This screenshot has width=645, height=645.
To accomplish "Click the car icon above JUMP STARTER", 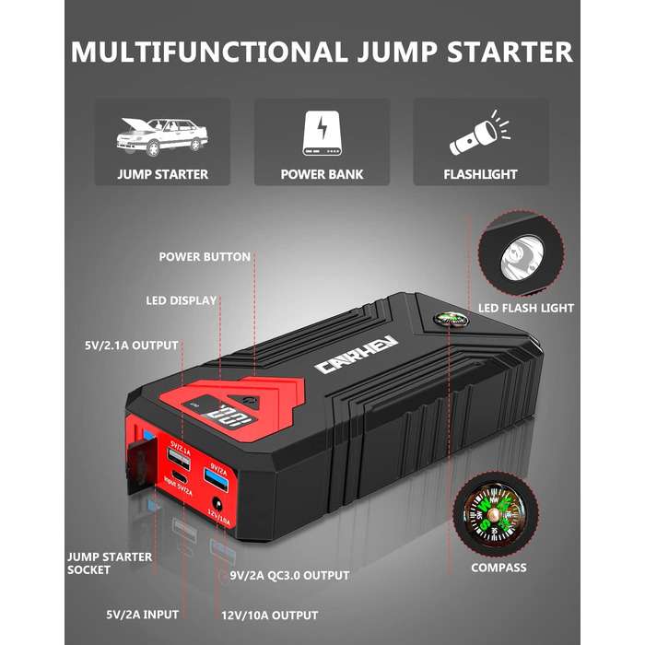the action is pyautogui.click(x=161, y=135).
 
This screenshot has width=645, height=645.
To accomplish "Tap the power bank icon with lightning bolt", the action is pyautogui.click(x=322, y=135).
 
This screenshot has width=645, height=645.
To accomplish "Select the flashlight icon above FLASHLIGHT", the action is pyautogui.click(x=479, y=135).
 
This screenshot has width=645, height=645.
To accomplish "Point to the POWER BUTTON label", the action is pyautogui.click(x=205, y=257).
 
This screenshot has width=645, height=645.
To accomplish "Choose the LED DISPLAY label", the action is pyautogui.click(x=182, y=300).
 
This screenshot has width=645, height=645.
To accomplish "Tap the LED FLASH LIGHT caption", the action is pyautogui.click(x=525, y=308).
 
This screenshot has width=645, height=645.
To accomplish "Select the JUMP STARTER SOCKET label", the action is pyautogui.click(x=101, y=563).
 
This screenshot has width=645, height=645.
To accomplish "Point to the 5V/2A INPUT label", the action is pyautogui.click(x=141, y=614).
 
